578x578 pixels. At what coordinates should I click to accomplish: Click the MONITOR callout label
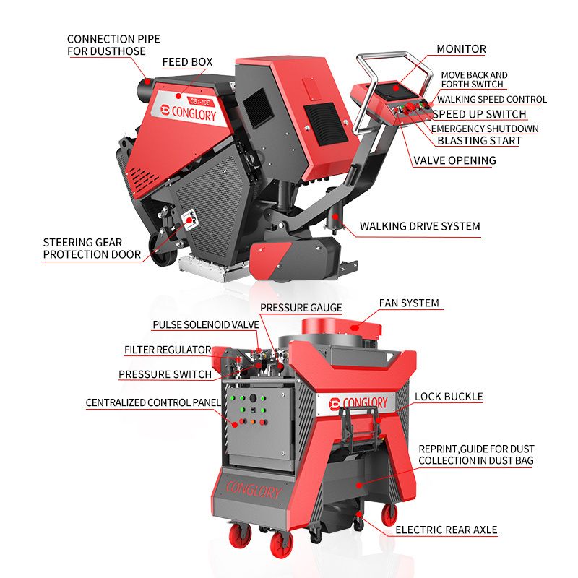tap(461, 49)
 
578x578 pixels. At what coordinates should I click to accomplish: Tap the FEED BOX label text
tap(187, 62)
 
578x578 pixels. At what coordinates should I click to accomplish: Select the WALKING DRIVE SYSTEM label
tap(420, 226)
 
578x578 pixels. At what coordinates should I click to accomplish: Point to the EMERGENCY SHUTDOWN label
tap(485, 129)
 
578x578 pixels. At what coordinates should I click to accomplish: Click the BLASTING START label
tap(479, 141)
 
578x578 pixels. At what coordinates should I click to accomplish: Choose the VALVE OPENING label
tap(454, 160)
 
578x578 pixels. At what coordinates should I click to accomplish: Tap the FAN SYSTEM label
tap(409, 303)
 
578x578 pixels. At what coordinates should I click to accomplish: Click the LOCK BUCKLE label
tap(449, 397)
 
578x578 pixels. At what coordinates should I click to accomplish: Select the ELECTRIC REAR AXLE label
tap(446, 530)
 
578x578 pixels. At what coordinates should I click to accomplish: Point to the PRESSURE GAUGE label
tap(301, 308)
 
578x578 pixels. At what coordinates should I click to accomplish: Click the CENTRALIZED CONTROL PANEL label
tap(153, 402)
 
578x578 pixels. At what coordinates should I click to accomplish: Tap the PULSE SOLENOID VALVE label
tap(206, 324)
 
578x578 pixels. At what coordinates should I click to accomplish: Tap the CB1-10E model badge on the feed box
tap(200, 101)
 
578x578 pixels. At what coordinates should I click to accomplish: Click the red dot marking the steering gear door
tap(189, 220)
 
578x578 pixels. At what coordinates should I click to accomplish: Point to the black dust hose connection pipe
tap(146, 89)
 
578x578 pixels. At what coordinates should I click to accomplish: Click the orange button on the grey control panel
tap(253, 422)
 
